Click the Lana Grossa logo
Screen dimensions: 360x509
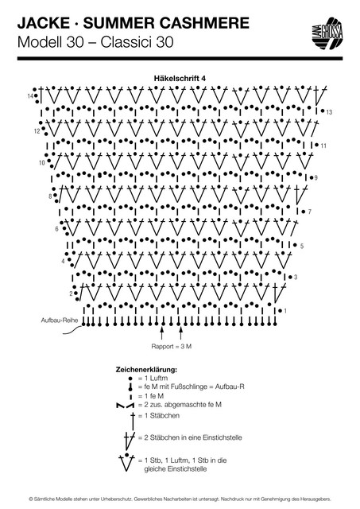(328, 33)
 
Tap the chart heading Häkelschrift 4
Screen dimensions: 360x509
(180, 78)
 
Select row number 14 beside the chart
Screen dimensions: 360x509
(30, 96)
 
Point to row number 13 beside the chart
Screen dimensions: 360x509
(329, 112)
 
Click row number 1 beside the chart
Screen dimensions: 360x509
(285, 311)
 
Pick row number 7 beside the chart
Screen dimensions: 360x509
(310, 212)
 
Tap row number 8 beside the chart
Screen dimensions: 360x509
(50, 196)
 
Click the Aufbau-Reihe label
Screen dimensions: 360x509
(60, 321)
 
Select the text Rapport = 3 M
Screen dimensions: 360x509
(171, 347)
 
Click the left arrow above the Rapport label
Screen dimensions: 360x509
(162, 332)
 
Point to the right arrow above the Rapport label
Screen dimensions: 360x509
(181, 332)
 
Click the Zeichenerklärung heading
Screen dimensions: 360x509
(146, 370)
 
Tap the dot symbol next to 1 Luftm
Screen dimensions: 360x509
(130, 379)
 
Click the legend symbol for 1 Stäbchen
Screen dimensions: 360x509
(133, 421)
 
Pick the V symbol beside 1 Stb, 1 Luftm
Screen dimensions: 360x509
(126, 462)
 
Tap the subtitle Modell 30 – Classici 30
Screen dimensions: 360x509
(95, 42)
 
